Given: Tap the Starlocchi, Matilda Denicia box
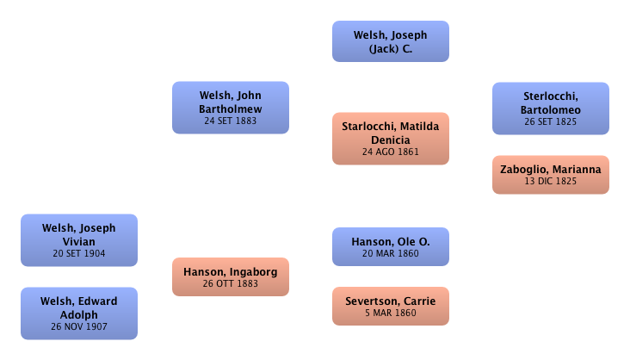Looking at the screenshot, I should [x=391, y=138].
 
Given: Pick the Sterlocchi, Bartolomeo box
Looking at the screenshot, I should [x=551, y=108].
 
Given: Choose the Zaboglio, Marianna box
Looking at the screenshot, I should [x=551, y=176].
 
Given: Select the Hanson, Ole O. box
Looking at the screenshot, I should [x=391, y=248].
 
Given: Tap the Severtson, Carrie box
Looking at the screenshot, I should [x=391, y=307].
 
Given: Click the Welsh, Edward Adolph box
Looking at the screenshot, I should [x=78, y=313].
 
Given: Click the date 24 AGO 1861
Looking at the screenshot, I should [x=391, y=152].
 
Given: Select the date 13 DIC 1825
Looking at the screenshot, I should [x=551, y=182].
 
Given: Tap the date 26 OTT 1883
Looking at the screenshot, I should [x=231, y=283].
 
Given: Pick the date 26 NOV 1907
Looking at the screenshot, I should [x=78, y=327].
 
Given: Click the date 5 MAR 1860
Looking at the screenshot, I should [x=391, y=313].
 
